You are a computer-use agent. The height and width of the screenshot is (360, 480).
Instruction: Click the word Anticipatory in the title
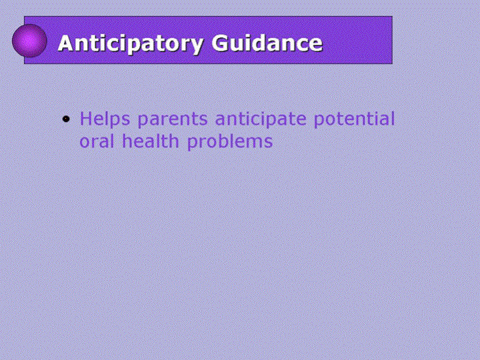[x=131, y=44]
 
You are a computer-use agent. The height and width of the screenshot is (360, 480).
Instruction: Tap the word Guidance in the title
[x=267, y=43]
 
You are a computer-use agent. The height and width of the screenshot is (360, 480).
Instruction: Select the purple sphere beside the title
[x=29, y=41]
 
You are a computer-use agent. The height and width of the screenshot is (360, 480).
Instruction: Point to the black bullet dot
[x=66, y=119]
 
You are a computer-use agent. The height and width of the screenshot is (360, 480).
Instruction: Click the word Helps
[x=105, y=119]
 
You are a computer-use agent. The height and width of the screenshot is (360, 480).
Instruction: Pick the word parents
[x=173, y=120]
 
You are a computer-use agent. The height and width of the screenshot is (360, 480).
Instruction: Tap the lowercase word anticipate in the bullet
[x=261, y=119]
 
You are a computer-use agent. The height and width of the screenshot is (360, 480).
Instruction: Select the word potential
[x=354, y=119]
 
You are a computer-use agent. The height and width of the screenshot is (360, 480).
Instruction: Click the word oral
[x=97, y=141]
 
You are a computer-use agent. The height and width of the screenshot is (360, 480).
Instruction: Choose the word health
[x=150, y=141]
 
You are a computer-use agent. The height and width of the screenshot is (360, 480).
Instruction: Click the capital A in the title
[x=66, y=43]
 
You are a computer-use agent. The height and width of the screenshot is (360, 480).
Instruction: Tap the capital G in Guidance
[x=219, y=43]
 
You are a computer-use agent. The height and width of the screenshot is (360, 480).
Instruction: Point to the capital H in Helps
[x=86, y=119]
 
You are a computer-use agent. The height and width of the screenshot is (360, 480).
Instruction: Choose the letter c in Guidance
[x=300, y=45]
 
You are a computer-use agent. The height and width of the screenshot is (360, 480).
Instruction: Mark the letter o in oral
[x=85, y=143]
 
